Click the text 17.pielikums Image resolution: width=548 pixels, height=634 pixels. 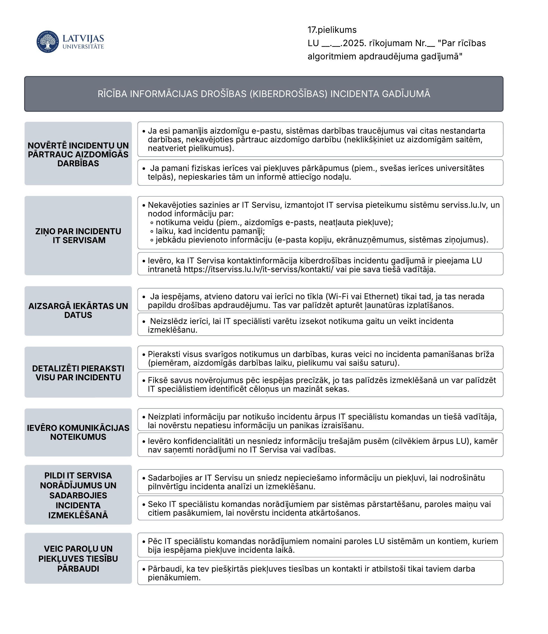[332, 30]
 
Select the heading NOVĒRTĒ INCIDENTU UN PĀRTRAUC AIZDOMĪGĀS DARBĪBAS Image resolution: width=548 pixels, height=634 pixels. [78, 154]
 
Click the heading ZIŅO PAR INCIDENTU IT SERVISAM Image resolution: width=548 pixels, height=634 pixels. [78, 236]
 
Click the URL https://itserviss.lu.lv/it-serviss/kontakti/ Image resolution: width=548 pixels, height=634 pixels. [258, 269]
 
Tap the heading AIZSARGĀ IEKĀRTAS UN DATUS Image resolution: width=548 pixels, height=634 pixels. [78, 310]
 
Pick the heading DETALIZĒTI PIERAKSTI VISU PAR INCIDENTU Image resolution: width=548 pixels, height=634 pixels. [78, 373]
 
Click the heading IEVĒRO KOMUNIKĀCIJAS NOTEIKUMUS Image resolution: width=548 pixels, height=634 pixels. [78, 432]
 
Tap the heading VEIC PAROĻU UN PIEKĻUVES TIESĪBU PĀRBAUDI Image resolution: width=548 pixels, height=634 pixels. [78, 559]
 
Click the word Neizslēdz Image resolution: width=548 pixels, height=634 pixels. [167, 321]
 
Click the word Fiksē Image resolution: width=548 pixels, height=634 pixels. [158, 380]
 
